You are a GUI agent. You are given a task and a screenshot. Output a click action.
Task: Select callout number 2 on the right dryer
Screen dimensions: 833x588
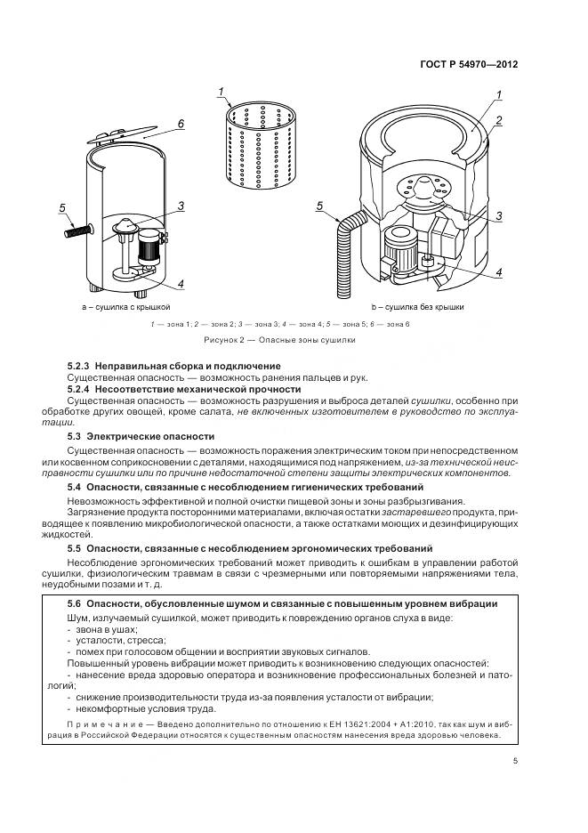click(500, 120)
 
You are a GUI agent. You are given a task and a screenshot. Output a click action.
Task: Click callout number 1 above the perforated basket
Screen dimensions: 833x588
click(220, 93)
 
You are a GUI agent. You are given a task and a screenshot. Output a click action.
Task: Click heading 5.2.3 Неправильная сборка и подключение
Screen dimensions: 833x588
click(173, 366)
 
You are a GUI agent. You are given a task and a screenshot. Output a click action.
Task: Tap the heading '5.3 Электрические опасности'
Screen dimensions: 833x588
click(141, 436)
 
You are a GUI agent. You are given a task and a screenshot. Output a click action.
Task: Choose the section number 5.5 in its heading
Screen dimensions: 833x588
click(75, 548)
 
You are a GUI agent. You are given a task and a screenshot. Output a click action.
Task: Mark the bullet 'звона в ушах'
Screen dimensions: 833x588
click(99, 629)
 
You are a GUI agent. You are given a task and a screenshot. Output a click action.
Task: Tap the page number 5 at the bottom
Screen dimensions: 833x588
click(515, 760)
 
